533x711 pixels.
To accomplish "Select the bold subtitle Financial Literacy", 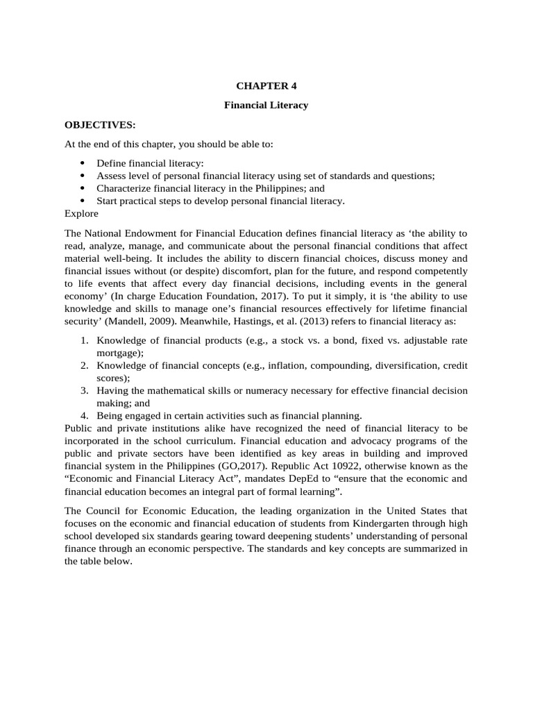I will [266, 106].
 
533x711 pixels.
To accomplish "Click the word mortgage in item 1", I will [119, 353].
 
